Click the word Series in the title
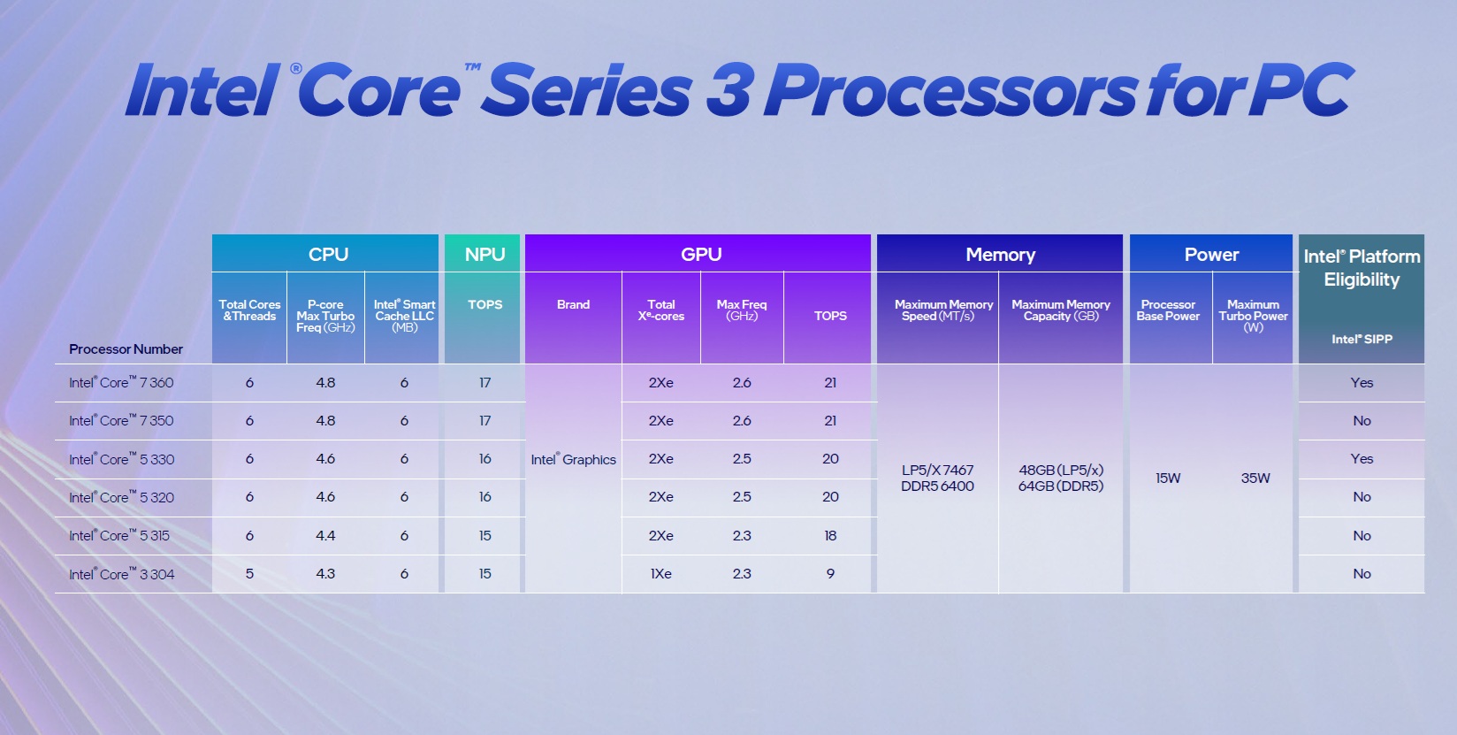[587, 91]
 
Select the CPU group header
[328, 254]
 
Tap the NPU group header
[484, 254]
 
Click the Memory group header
[1000, 254]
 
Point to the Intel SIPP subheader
[1362, 339]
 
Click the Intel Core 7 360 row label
[121, 382]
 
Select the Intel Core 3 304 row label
[121, 574]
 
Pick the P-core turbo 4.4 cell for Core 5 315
[325, 535]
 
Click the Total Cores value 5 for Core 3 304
[249, 573]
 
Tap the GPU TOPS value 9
[830, 573]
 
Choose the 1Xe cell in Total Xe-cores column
[660, 573]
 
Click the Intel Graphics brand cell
[573, 459]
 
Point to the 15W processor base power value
[1168, 478]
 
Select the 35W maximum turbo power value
[1255, 478]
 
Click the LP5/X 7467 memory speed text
[937, 470]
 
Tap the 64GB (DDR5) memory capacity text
[1060, 486]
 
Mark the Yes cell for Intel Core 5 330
[1362, 458]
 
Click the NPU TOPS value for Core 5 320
[484, 496]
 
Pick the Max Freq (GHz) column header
[741, 310]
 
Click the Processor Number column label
[126, 348]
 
